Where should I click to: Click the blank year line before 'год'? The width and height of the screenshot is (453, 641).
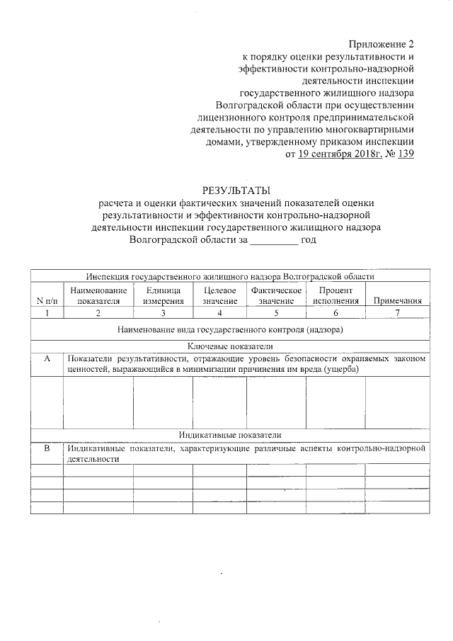(275, 240)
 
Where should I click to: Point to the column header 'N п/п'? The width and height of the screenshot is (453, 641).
(47, 301)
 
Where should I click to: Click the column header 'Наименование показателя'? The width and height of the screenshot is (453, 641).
(98, 295)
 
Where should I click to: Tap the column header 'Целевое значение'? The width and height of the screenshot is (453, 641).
(219, 295)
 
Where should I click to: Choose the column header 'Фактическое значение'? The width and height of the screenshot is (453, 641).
(276, 295)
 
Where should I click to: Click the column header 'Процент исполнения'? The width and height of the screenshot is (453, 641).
(336, 295)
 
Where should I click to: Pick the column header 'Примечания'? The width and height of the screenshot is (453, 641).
(397, 301)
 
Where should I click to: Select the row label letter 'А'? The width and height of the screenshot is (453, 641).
(47, 359)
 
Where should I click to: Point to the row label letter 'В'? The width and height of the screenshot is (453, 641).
(47, 448)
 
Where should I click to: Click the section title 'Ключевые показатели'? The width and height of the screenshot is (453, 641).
(230, 346)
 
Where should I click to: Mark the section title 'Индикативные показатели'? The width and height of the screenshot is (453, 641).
(230, 435)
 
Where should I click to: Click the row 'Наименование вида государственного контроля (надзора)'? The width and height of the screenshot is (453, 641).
(230, 329)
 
